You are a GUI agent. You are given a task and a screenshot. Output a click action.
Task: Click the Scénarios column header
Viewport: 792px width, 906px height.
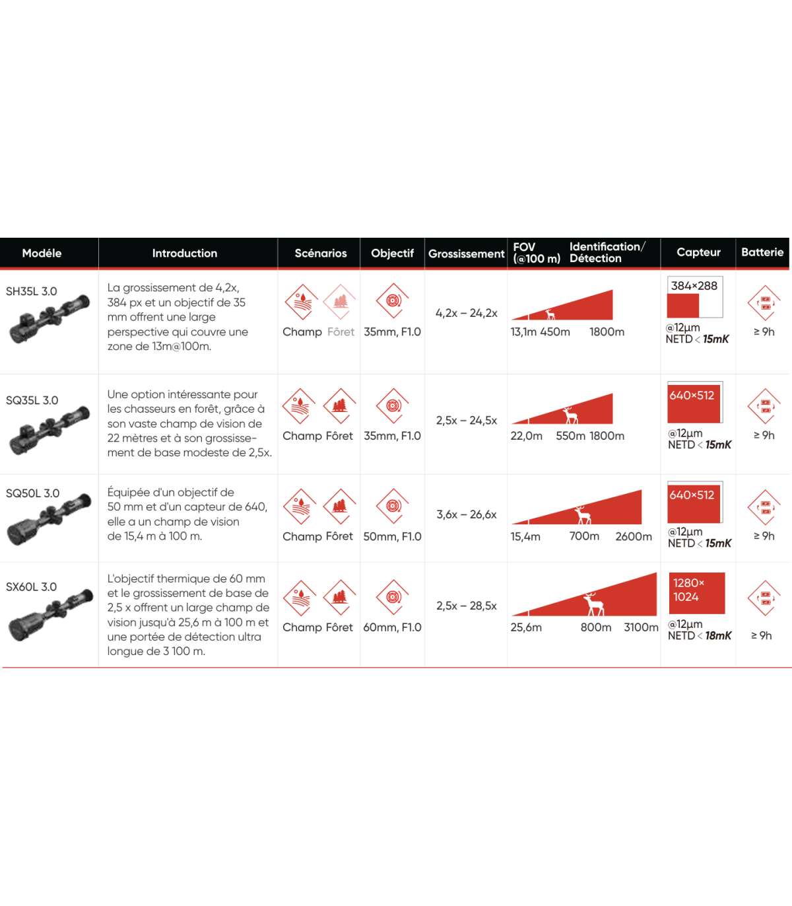(x=320, y=253)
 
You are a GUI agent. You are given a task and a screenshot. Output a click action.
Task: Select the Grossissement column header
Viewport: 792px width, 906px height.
(x=466, y=254)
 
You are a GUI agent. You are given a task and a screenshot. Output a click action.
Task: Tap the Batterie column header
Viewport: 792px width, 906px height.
(x=762, y=252)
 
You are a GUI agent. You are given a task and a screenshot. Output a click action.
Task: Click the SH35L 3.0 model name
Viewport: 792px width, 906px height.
(x=32, y=291)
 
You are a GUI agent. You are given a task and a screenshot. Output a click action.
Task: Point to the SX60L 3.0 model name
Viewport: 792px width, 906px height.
(x=32, y=586)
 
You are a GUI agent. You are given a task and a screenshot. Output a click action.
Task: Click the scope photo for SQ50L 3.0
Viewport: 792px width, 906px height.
(x=49, y=520)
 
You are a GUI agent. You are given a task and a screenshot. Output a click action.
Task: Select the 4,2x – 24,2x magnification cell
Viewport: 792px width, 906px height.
(x=467, y=312)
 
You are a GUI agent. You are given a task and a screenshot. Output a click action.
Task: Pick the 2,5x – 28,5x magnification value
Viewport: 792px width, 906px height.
(x=467, y=606)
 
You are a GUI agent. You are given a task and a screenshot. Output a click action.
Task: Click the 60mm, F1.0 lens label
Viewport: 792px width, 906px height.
(x=392, y=627)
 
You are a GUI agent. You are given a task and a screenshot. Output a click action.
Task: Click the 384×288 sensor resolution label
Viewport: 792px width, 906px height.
(x=694, y=286)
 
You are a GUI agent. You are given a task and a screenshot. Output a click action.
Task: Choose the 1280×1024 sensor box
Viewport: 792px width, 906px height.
(x=697, y=593)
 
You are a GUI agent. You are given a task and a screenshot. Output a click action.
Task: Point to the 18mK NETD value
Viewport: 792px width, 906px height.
(x=718, y=635)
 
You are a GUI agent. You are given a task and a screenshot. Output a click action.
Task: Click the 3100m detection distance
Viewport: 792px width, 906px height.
(x=641, y=627)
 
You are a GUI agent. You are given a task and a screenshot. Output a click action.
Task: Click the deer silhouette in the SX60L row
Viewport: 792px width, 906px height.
(x=593, y=604)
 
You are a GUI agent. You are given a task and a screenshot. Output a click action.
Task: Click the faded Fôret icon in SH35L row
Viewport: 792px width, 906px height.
(x=339, y=302)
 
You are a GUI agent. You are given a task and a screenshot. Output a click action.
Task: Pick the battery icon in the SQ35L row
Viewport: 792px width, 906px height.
(x=765, y=406)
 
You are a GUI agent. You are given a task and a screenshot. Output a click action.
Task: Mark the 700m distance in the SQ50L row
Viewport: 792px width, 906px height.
(x=584, y=536)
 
